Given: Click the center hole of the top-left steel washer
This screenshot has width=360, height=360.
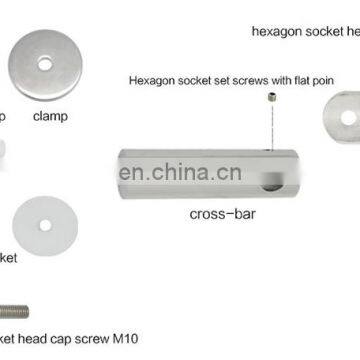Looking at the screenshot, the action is click(45, 64).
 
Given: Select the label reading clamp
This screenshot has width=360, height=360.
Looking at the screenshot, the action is click(50, 116).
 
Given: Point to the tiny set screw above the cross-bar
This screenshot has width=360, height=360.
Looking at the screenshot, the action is click(271, 97).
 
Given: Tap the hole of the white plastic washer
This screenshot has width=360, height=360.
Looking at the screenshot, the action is click(44, 225).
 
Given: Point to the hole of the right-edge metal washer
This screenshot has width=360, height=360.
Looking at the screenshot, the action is click(347, 117).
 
